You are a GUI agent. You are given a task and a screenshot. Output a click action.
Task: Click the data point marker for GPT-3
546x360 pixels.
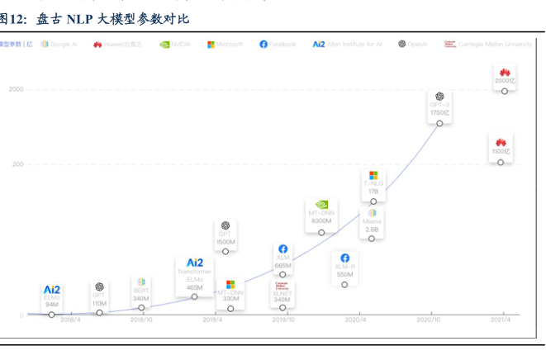[x=439, y=123]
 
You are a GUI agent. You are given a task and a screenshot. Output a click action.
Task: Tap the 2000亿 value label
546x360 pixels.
[x=503, y=81]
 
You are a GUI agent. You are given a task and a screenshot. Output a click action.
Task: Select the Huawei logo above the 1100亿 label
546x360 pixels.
[x=501, y=142]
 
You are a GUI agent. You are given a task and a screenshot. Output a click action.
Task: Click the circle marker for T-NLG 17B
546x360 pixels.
[x=373, y=201]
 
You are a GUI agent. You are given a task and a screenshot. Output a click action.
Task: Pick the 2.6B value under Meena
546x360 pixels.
[x=372, y=230]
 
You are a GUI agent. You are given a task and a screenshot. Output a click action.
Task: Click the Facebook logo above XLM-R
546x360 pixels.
[x=344, y=258]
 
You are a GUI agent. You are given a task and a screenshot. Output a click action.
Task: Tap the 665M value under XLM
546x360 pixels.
[x=282, y=265]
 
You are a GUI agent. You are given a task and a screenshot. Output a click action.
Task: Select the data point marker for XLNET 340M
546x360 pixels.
[x=282, y=307]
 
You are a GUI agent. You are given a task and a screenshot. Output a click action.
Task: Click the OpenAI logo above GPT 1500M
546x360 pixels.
[x=226, y=225]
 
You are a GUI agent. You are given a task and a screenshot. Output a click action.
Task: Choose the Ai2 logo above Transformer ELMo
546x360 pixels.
[x=194, y=263]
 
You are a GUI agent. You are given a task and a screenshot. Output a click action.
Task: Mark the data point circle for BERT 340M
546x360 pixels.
[x=141, y=308]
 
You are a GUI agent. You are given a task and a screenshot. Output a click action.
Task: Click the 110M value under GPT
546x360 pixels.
[x=99, y=303]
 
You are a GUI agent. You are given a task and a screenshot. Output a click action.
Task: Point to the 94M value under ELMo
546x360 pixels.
[x=52, y=304]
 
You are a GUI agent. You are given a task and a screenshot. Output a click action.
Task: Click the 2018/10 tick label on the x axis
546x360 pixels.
[x=141, y=320]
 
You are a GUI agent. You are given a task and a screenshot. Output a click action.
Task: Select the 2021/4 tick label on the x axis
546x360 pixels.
[x=500, y=320]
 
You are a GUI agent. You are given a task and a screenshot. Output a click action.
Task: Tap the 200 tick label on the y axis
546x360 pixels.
[x=17, y=163]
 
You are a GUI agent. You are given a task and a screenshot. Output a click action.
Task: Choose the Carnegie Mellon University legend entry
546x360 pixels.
[x=488, y=44]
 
